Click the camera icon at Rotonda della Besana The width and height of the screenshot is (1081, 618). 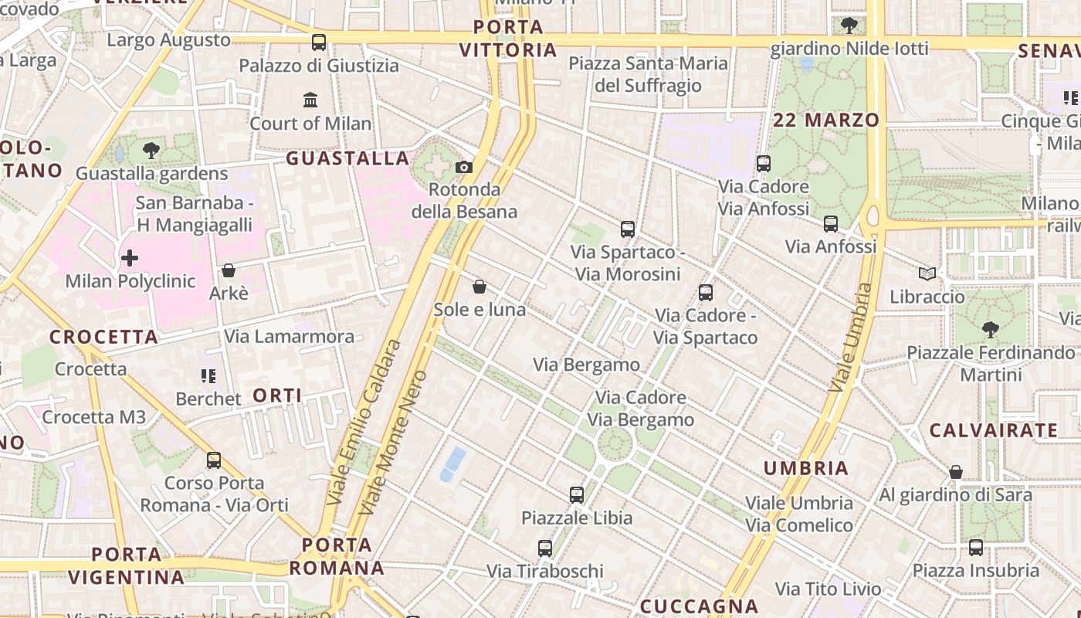464,167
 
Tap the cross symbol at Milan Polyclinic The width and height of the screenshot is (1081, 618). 130,258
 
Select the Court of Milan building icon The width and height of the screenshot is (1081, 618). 310,100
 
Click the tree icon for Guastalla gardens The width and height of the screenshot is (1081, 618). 151,150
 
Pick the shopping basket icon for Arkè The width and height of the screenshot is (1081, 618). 229,270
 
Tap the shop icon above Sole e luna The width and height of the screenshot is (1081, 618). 480,287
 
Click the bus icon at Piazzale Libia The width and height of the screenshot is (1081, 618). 577,495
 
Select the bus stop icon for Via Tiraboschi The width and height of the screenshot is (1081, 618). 545,548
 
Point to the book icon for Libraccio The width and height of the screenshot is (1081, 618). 927,273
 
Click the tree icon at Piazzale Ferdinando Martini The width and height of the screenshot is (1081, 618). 991,330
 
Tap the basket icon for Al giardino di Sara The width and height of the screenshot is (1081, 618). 956,472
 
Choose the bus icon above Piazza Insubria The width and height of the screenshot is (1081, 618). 976,548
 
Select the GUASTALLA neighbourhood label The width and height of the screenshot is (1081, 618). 347,158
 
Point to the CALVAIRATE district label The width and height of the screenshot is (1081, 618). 993,430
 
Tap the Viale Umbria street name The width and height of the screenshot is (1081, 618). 851,337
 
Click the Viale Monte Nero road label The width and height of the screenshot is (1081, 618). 394,442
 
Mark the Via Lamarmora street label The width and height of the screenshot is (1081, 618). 289,336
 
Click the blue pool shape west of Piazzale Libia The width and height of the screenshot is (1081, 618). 452,463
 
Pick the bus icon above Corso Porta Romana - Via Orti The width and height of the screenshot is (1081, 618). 214,460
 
